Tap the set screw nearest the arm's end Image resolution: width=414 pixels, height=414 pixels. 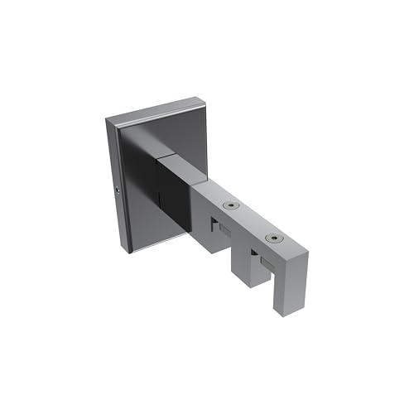272,239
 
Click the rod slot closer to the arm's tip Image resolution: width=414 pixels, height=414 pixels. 262,262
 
